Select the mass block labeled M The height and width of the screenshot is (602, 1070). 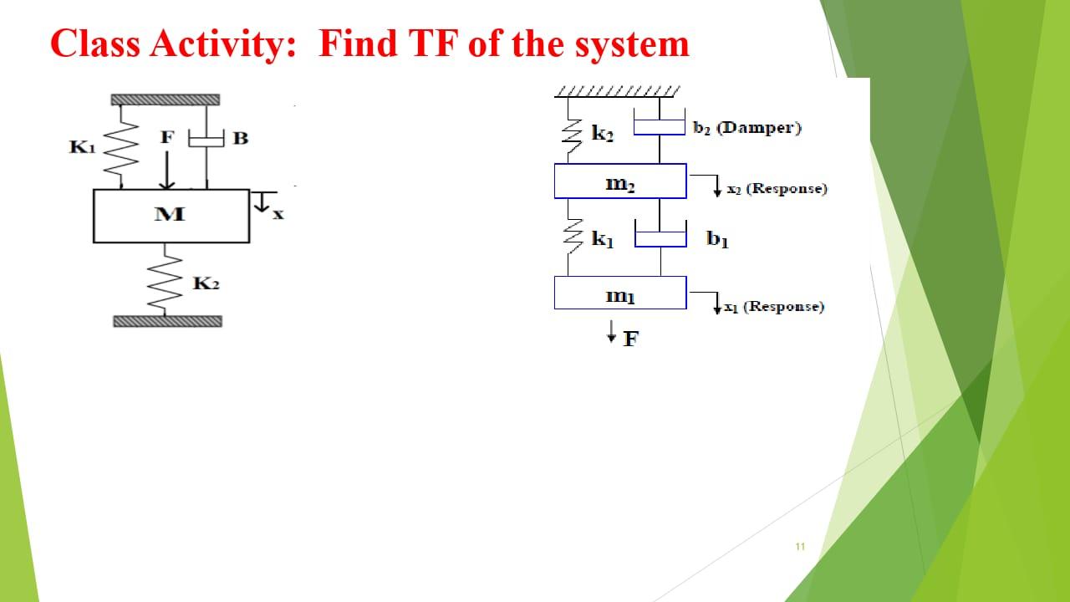(x=171, y=216)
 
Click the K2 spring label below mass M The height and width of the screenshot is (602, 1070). (x=206, y=284)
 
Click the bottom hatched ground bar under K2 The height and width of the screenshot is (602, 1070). (x=168, y=322)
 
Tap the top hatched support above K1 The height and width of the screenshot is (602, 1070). (x=166, y=99)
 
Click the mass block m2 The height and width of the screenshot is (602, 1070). (x=619, y=181)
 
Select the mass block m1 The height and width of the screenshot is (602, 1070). (x=619, y=293)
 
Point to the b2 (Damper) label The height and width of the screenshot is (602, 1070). (x=746, y=128)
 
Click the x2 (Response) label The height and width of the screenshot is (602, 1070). (x=777, y=189)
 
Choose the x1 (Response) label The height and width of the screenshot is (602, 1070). (x=774, y=307)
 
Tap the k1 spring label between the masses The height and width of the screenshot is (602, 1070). (x=602, y=240)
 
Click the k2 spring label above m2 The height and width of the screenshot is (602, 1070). (x=602, y=133)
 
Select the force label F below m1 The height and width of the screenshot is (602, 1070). (x=629, y=339)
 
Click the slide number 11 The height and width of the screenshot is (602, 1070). (x=799, y=547)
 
